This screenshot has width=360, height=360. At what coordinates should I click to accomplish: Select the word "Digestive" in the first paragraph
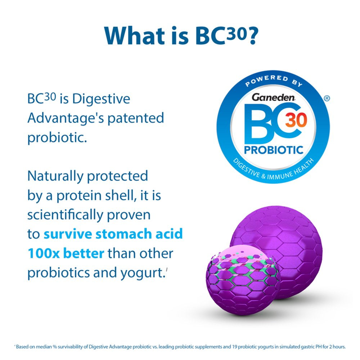click(101, 99)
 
